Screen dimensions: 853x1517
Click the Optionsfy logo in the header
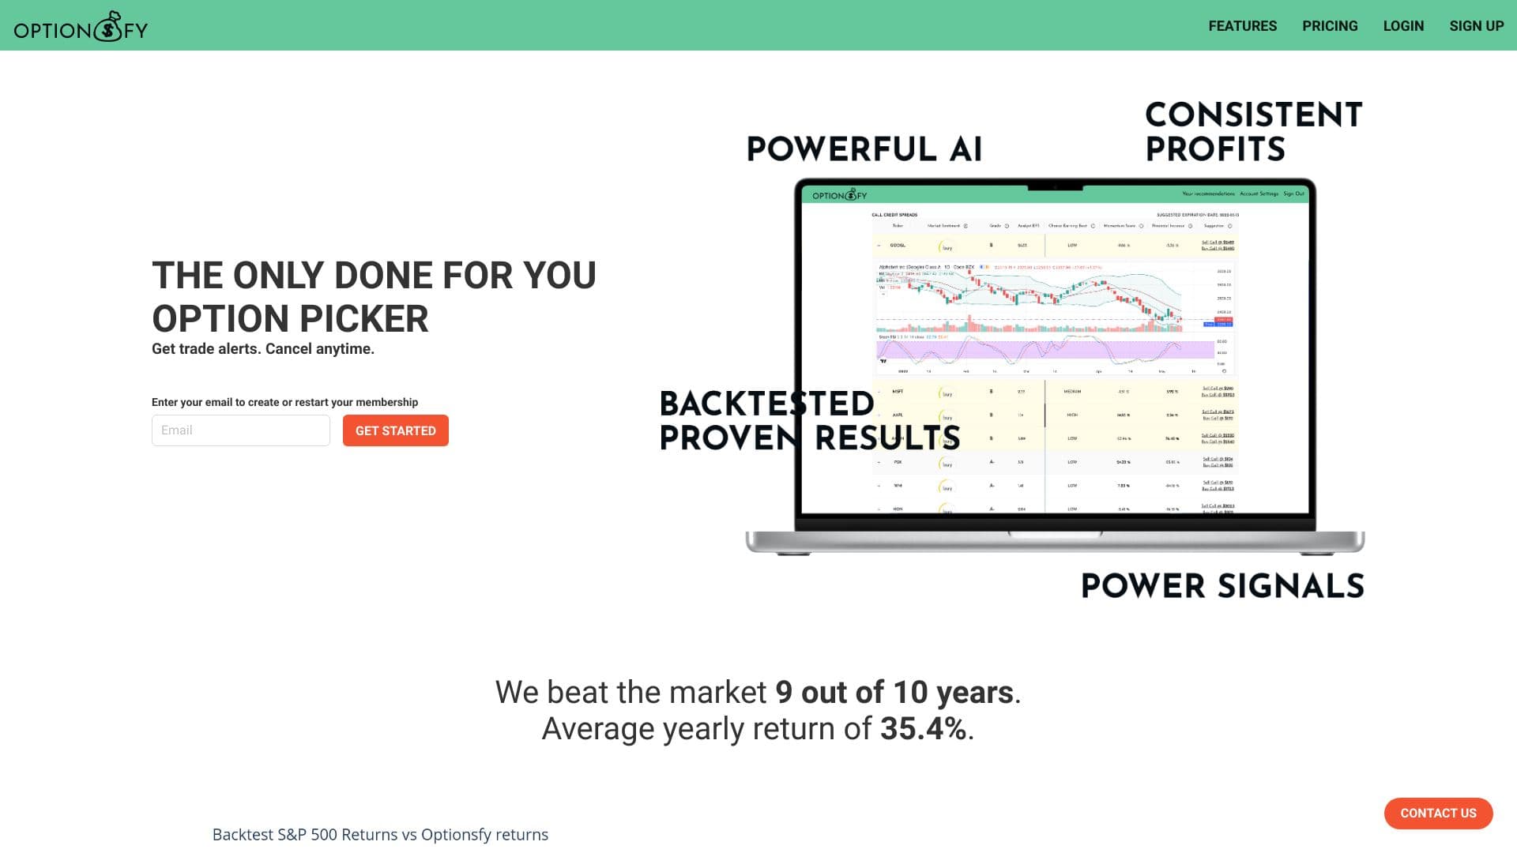tap(81, 28)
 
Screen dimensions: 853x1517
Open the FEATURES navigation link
tap(1242, 26)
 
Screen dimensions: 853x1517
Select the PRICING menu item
tap(1330, 26)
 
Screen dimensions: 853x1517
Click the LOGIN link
tap(1403, 26)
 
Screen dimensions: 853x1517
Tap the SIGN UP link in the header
tap(1476, 26)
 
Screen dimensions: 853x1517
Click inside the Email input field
tap(240, 430)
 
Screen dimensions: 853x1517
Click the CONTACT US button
tap(1438, 814)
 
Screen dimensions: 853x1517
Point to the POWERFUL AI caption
tap(864, 149)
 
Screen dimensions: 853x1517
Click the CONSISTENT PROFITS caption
tap(1253, 132)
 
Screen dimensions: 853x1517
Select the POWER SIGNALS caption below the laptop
tap(1222, 586)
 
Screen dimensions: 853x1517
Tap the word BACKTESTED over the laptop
tap(766, 404)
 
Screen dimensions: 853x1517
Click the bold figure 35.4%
tap(923, 729)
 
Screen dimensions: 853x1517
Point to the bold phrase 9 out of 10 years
tap(894, 693)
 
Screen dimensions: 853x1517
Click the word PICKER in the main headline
tap(364, 319)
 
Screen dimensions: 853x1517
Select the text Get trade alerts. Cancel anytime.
tap(263, 349)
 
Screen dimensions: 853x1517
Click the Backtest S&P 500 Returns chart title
tap(380, 835)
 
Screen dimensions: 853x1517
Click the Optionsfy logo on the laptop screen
tap(839, 195)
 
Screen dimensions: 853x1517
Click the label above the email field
tap(284, 402)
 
